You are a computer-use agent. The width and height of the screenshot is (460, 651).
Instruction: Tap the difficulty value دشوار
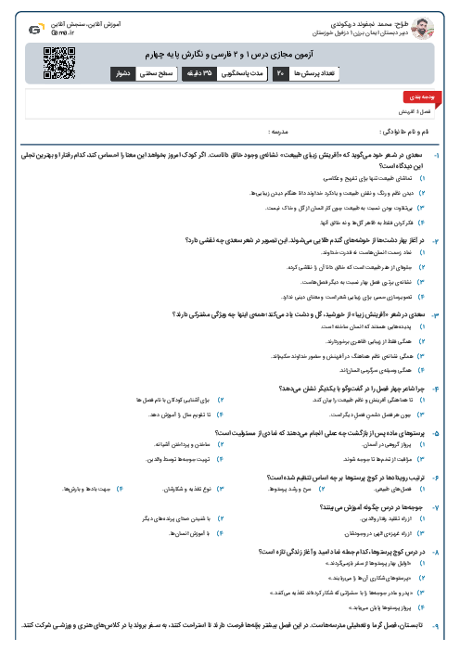coord(121,72)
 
